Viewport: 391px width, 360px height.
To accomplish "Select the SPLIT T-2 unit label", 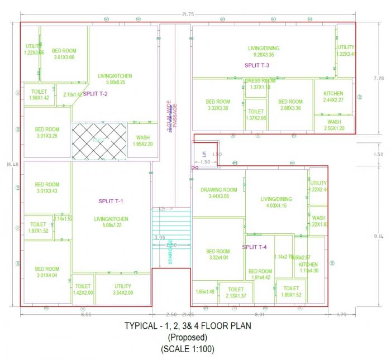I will click(x=96, y=94).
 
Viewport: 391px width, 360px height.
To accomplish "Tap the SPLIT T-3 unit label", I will click(x=257, y=65).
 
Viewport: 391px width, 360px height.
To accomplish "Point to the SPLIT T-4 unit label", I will click(x=255, y=247).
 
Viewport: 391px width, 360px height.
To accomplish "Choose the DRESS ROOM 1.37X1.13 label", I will click(x=260, y=84).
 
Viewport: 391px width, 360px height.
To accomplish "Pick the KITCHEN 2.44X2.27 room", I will click(x=333, y=97).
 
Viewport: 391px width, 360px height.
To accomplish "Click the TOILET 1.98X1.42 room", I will click(x=39, y=94).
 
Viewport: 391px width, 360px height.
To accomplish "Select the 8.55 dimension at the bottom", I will click(x=86, y=315).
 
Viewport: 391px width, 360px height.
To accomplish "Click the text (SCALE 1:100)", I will click(x=188, y=349).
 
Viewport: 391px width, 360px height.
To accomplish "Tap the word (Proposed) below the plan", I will click(x=188, y=337).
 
